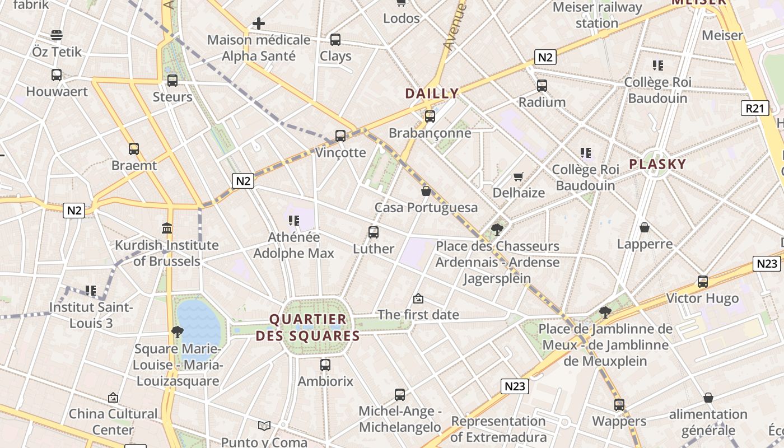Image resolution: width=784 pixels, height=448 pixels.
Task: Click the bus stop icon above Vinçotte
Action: [340, 136]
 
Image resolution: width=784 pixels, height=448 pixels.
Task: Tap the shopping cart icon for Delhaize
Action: [519, 176]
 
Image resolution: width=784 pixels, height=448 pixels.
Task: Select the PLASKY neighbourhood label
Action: [657, 164]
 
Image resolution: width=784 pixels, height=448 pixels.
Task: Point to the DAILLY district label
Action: [432, 94]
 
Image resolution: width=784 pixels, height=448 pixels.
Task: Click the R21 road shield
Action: [754, 108]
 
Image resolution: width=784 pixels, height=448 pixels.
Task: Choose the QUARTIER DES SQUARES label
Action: [308, 328]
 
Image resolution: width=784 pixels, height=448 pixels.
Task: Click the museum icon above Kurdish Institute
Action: [166, 228]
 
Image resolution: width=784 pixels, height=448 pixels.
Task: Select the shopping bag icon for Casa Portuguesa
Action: [426, 191]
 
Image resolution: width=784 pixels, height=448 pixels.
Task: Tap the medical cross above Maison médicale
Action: [258, 24]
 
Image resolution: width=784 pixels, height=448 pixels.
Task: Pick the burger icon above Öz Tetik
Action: [57, 35]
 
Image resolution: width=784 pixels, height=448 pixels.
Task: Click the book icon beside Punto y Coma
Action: [264, 426]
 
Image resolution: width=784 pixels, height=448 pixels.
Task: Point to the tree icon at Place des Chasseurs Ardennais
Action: [497, 229]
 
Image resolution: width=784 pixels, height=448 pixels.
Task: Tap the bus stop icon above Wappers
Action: [619, 404]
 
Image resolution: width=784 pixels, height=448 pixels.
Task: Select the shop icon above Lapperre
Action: [645, 227]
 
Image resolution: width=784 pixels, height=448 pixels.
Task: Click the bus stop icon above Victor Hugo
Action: [702, 282]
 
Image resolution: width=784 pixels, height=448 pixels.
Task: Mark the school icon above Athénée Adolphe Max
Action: [293, 221]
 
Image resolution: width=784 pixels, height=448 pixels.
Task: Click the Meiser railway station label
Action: [597, 15]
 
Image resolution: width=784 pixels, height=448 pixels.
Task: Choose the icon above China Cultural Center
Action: [113, 398]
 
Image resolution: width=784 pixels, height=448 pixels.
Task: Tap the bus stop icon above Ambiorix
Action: [325, 365]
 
